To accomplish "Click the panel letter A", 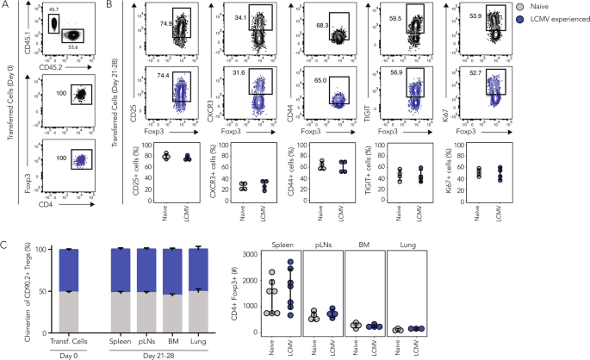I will pos(6,6).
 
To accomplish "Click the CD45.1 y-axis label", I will pos(28,27).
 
